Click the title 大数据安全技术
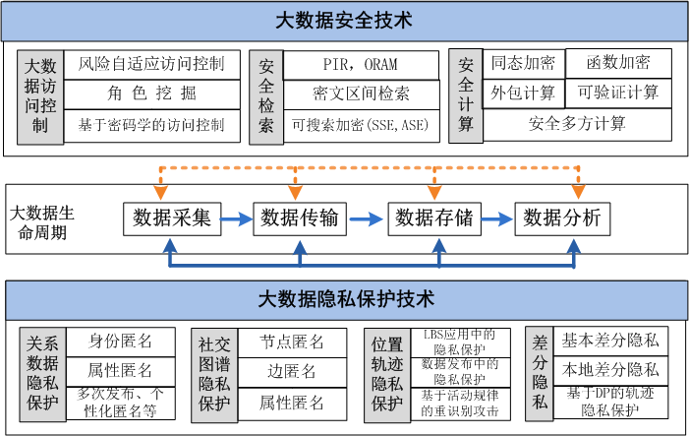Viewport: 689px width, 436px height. [344, 19]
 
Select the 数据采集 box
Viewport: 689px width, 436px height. [172, 218]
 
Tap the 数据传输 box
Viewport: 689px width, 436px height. [301, 218]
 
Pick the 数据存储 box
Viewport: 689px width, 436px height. [433, 218]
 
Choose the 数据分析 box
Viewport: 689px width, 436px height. [562, 218]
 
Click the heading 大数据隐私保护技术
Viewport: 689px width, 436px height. [344, 297]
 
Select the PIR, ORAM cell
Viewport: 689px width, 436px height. [361, 65]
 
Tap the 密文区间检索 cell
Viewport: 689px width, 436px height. [361, 94]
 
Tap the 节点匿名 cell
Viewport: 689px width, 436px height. [292, 342]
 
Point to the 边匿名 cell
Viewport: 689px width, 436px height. [292, 371]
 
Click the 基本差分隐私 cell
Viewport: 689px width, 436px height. [610, 342]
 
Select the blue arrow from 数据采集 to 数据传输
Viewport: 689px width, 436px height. [237, 218]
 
